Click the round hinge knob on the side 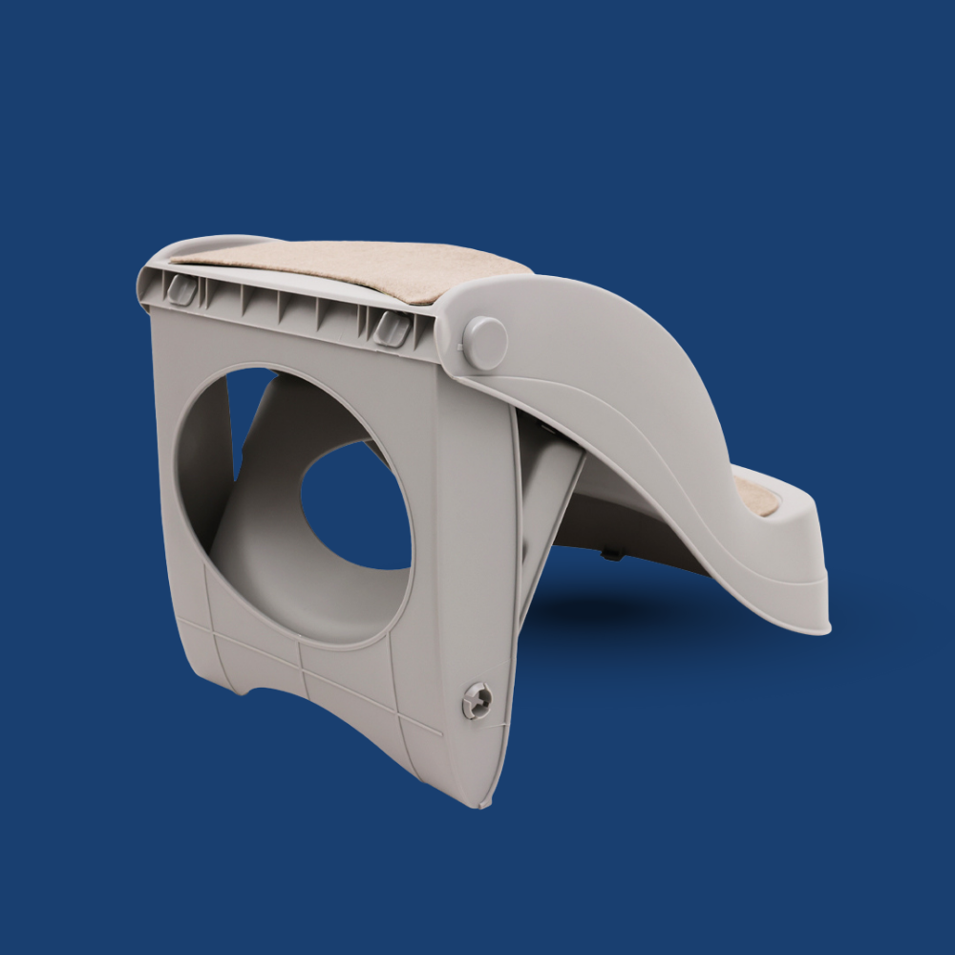coord(484,343)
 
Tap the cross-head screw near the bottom coord(477,702)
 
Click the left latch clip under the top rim coord(180,289)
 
